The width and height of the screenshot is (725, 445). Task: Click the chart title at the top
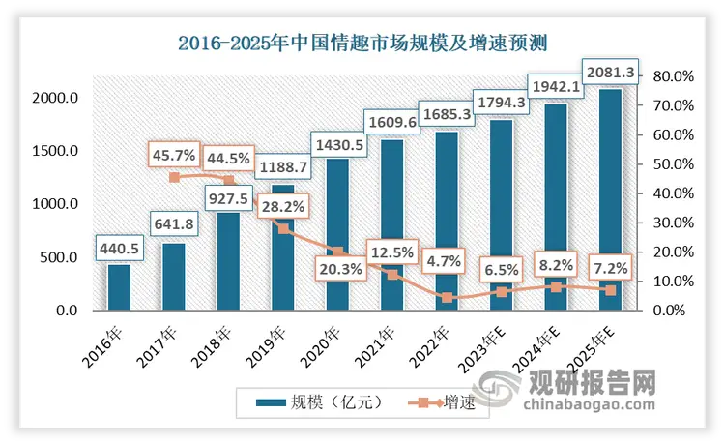362,43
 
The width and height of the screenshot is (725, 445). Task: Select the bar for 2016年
119,287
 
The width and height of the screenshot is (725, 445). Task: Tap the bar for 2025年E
610,199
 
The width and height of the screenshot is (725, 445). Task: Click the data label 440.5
119,249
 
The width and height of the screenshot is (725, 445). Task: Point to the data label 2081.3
610,71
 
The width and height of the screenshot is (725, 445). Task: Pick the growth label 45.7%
174,154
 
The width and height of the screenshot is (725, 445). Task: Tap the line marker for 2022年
447,297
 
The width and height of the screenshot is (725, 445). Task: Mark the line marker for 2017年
174,177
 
